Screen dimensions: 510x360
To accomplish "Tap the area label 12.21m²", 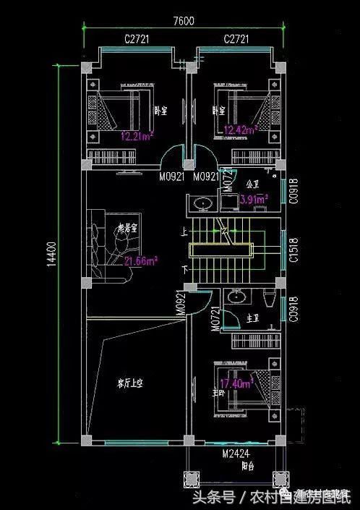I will [x=134, y=135].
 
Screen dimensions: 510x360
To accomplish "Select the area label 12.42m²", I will [x=241, y=130].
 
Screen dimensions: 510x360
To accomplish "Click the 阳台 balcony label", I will [x=247, y=467].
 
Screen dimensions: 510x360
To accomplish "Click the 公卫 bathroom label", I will [x=252, y=184].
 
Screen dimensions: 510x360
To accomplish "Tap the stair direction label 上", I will [x=185, y=232].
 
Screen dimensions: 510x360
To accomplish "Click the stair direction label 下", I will [x=185, y=268].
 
